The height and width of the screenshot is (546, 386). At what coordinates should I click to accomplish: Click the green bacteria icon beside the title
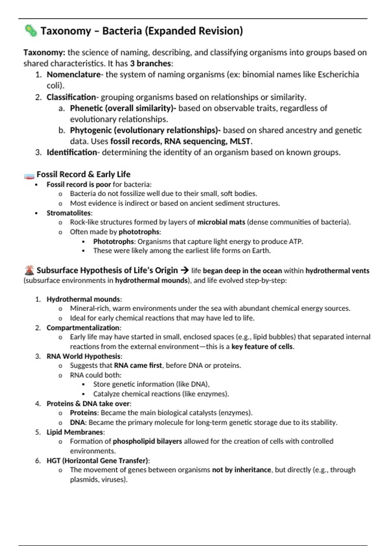click(x=31, y=31)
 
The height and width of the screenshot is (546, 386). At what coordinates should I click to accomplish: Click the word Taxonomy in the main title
click(x=66, y=31)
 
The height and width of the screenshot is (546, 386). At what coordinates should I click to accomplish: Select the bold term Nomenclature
click(x=74, y=75)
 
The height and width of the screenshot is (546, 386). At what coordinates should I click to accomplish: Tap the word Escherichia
click(x=338, y=75)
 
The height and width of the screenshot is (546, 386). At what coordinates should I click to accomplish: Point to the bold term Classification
click(x=71, y=97)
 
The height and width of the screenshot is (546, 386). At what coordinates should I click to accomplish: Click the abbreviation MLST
click(x=240, y=141)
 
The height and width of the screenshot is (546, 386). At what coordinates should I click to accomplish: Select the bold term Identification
click(x=72, y=152)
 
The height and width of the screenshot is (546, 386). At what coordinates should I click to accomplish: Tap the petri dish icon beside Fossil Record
click(x=29, y=176)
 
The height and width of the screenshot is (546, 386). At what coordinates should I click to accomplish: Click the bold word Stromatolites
click(x=69, y=213)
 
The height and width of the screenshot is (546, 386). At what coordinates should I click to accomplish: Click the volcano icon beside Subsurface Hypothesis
click(x=29, y=270)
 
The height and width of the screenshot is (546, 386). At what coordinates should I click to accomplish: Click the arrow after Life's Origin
click(x=185, y=270)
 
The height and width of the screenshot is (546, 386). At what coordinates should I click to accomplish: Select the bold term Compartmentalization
click(x=83, y=328)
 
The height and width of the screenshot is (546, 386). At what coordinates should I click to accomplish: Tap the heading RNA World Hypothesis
click(x=84, y=356)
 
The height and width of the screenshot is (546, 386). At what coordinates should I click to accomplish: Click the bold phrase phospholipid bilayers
click(x=147, y=441)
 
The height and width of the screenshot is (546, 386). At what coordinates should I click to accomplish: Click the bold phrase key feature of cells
click(x=262, y=347)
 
